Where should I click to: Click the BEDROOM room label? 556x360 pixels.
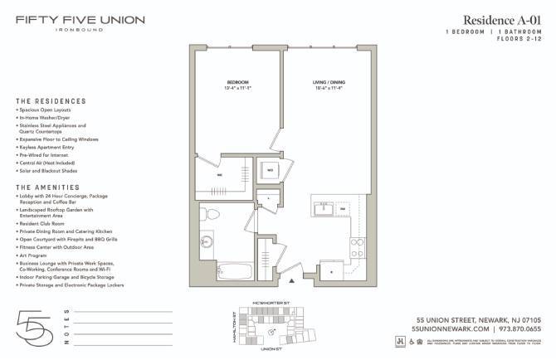click(238, 82)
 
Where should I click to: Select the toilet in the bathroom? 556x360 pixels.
click(212, 216)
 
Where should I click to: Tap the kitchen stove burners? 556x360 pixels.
click(358, 246)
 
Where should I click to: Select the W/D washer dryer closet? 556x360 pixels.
click(269, 170)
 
